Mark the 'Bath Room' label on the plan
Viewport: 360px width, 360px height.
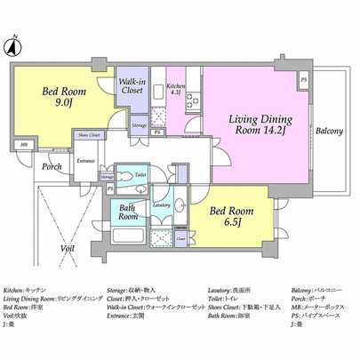[x=128, y=212]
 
